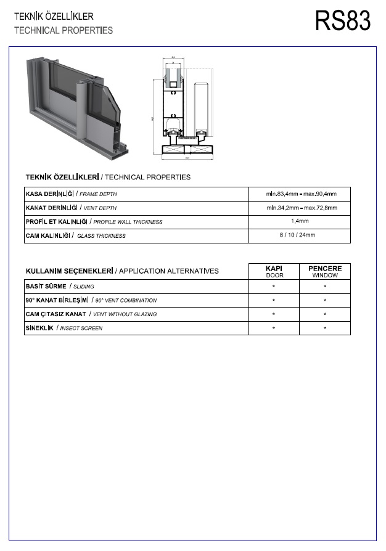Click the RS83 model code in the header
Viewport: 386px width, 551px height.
click(x=343, y=21)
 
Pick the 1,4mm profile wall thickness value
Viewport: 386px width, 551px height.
click(x=300, y=222)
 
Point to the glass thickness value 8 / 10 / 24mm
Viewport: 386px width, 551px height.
click(x=300, y=235)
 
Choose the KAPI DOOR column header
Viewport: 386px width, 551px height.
click(x=274, y=272)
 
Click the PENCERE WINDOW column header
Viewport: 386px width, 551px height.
click(x=325, y=272)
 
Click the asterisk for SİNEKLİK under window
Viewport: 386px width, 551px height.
click(x=325, y=329)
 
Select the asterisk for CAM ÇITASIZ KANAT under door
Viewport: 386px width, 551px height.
click(x=274, y=315)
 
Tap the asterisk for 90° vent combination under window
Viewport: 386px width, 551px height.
click(x=325, y=301)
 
